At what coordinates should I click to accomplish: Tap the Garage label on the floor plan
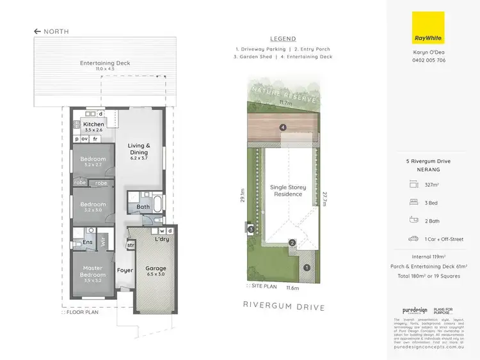[156, 269]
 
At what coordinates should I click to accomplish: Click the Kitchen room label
[93, 124]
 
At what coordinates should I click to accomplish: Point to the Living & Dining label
[139, 149]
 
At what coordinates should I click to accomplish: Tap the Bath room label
[143, 207]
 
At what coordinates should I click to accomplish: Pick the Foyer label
[125, 270]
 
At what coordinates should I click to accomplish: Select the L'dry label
[162, 239]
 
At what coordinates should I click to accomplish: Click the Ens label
[86, 242]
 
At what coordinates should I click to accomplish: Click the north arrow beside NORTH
[38, 31]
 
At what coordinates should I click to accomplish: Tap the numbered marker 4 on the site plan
[282, 127]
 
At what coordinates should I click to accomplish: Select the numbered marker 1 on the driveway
[306, 268]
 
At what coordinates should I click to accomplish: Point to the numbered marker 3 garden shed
[252, 228]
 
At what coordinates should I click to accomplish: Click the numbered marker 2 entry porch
[291, 242]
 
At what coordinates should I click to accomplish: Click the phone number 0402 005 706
[428, 60]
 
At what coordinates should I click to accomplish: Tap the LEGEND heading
[283, 38]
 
